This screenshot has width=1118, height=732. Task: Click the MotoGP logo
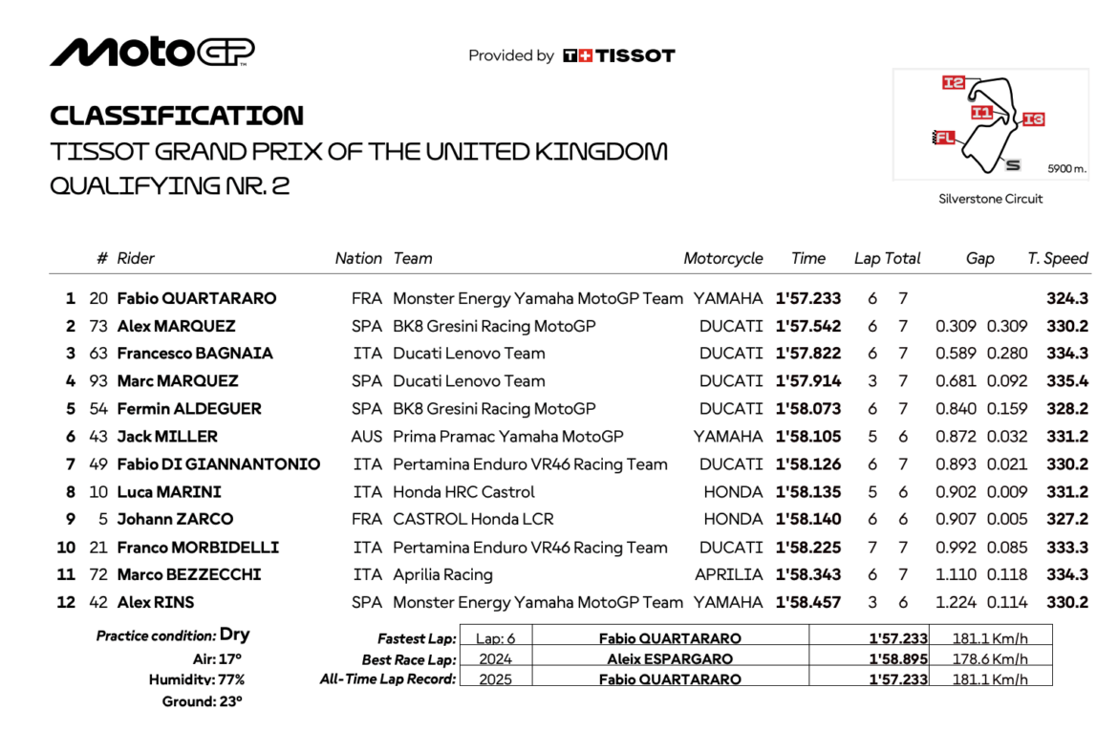pyautogui.click(x=152, y=52)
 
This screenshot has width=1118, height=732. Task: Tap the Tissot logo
pyautogui.click(x=619, y=55)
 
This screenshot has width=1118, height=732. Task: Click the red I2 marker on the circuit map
pyautogui.click(x=954, y=83)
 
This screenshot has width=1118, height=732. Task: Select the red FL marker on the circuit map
pyautogui.click(x=944, y=138)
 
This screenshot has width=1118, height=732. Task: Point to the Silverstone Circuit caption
pyautogui.click(x=990, y=199)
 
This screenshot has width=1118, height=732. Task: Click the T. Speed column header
pyautogui.click(x=1058, y=258)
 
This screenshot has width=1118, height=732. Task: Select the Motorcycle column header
pyautogui.click(x=723, y=258)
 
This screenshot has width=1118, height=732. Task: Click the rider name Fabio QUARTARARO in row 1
pyautogui.click(x=196, y=298)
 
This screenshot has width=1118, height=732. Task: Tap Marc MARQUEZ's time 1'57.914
pyautogui.click(x=808, y=380)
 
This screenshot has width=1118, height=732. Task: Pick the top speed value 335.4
pyautogui.click(x=1066, y=380)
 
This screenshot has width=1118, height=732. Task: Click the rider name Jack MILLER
pyautogui.click(x=167, y=436)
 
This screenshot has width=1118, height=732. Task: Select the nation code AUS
pyautogui.click(x=367, y=436)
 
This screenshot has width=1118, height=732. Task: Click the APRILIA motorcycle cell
pyautogui.click(x=729, y=574)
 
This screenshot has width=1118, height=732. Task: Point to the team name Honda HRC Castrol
pyautogui.click(x=464, y=492)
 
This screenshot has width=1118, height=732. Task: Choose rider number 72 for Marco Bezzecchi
pyautogui.click(x=98, y=574)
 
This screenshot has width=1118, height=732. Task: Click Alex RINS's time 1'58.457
pyautogui.click(x=808, y=602)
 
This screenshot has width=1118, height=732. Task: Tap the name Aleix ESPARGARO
pyautogui.click(x=670, y=658)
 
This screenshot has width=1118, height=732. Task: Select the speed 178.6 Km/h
pyautogui.click(x=990, y=658)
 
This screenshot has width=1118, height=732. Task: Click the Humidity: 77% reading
pyautogui.click(x=197, y=679)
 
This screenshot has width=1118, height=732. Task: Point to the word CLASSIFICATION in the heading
pyautogui.click(x=177, y=116)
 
